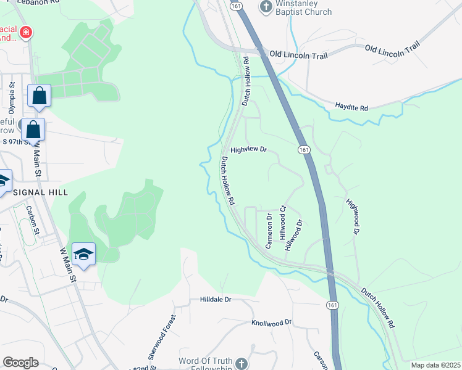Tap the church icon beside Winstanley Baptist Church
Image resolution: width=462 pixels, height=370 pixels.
[266, 7]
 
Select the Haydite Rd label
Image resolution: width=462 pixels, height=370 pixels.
[351, 107]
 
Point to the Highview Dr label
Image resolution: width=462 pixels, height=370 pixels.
[248, 150]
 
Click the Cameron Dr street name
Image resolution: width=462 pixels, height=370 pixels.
[269, 231]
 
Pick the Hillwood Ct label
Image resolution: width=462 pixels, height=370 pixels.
[283, 223]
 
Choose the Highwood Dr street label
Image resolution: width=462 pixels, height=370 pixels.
[352, 216]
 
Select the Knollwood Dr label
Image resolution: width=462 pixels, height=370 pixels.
[271, 323]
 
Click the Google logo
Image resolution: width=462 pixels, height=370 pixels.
[20, 363]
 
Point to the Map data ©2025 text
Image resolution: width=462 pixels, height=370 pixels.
[435, 365]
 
